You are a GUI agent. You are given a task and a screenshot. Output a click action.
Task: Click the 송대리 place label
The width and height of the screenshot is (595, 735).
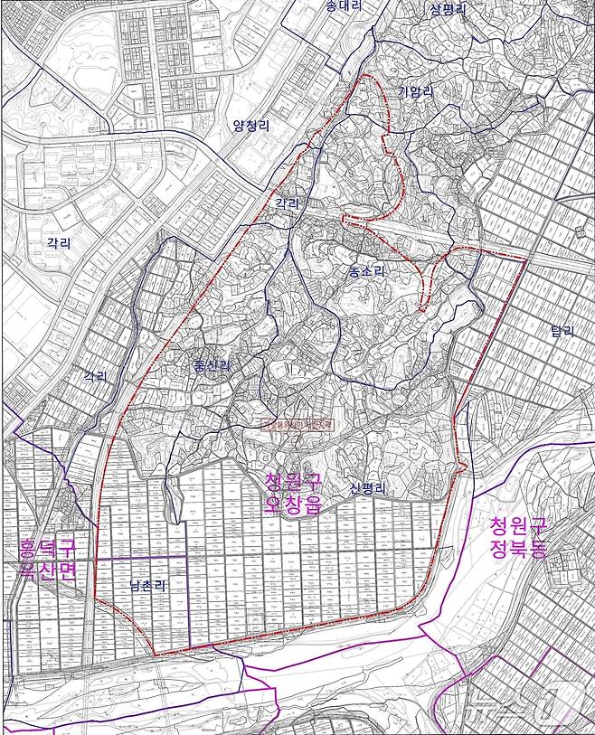344,6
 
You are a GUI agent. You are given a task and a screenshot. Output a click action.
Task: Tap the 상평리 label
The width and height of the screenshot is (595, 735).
448,10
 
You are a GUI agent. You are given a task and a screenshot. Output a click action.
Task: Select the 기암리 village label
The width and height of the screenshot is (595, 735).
416,90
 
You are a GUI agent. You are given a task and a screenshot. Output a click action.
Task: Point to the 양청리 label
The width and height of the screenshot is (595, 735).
250,126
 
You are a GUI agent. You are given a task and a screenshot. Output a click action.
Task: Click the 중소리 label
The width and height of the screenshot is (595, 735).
366,270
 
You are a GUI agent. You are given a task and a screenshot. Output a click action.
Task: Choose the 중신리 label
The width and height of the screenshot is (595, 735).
212,365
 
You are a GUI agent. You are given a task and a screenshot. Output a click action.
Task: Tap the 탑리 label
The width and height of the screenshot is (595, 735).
562,331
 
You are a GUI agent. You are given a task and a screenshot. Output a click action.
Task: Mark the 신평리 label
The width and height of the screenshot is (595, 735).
368,488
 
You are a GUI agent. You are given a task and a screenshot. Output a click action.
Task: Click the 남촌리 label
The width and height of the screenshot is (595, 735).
146,585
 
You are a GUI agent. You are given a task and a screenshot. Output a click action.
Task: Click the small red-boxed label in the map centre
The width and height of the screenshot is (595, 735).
298,423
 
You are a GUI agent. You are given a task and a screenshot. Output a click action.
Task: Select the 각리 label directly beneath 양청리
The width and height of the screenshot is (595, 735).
287,205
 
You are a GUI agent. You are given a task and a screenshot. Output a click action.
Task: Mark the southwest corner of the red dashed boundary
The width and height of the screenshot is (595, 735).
154,654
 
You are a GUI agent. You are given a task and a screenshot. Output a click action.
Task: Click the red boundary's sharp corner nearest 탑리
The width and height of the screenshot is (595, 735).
525,259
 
